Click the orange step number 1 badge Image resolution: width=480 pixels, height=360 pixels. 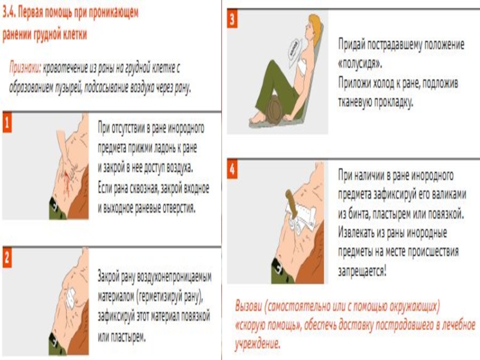(7, 123)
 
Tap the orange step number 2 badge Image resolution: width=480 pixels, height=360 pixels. (7, 258)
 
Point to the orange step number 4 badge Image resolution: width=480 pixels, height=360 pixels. (232, 169)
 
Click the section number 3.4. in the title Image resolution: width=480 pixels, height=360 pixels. (9, 13)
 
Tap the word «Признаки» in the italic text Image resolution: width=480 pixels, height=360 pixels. (25, 68)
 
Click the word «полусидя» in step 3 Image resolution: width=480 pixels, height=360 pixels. (360, 64)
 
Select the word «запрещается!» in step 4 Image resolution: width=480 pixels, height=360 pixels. (362, 271)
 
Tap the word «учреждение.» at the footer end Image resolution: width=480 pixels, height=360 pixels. (257, 344)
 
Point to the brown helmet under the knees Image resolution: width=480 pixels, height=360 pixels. (274, 110)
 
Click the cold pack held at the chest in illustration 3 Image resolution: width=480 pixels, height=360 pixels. (295, 50)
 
